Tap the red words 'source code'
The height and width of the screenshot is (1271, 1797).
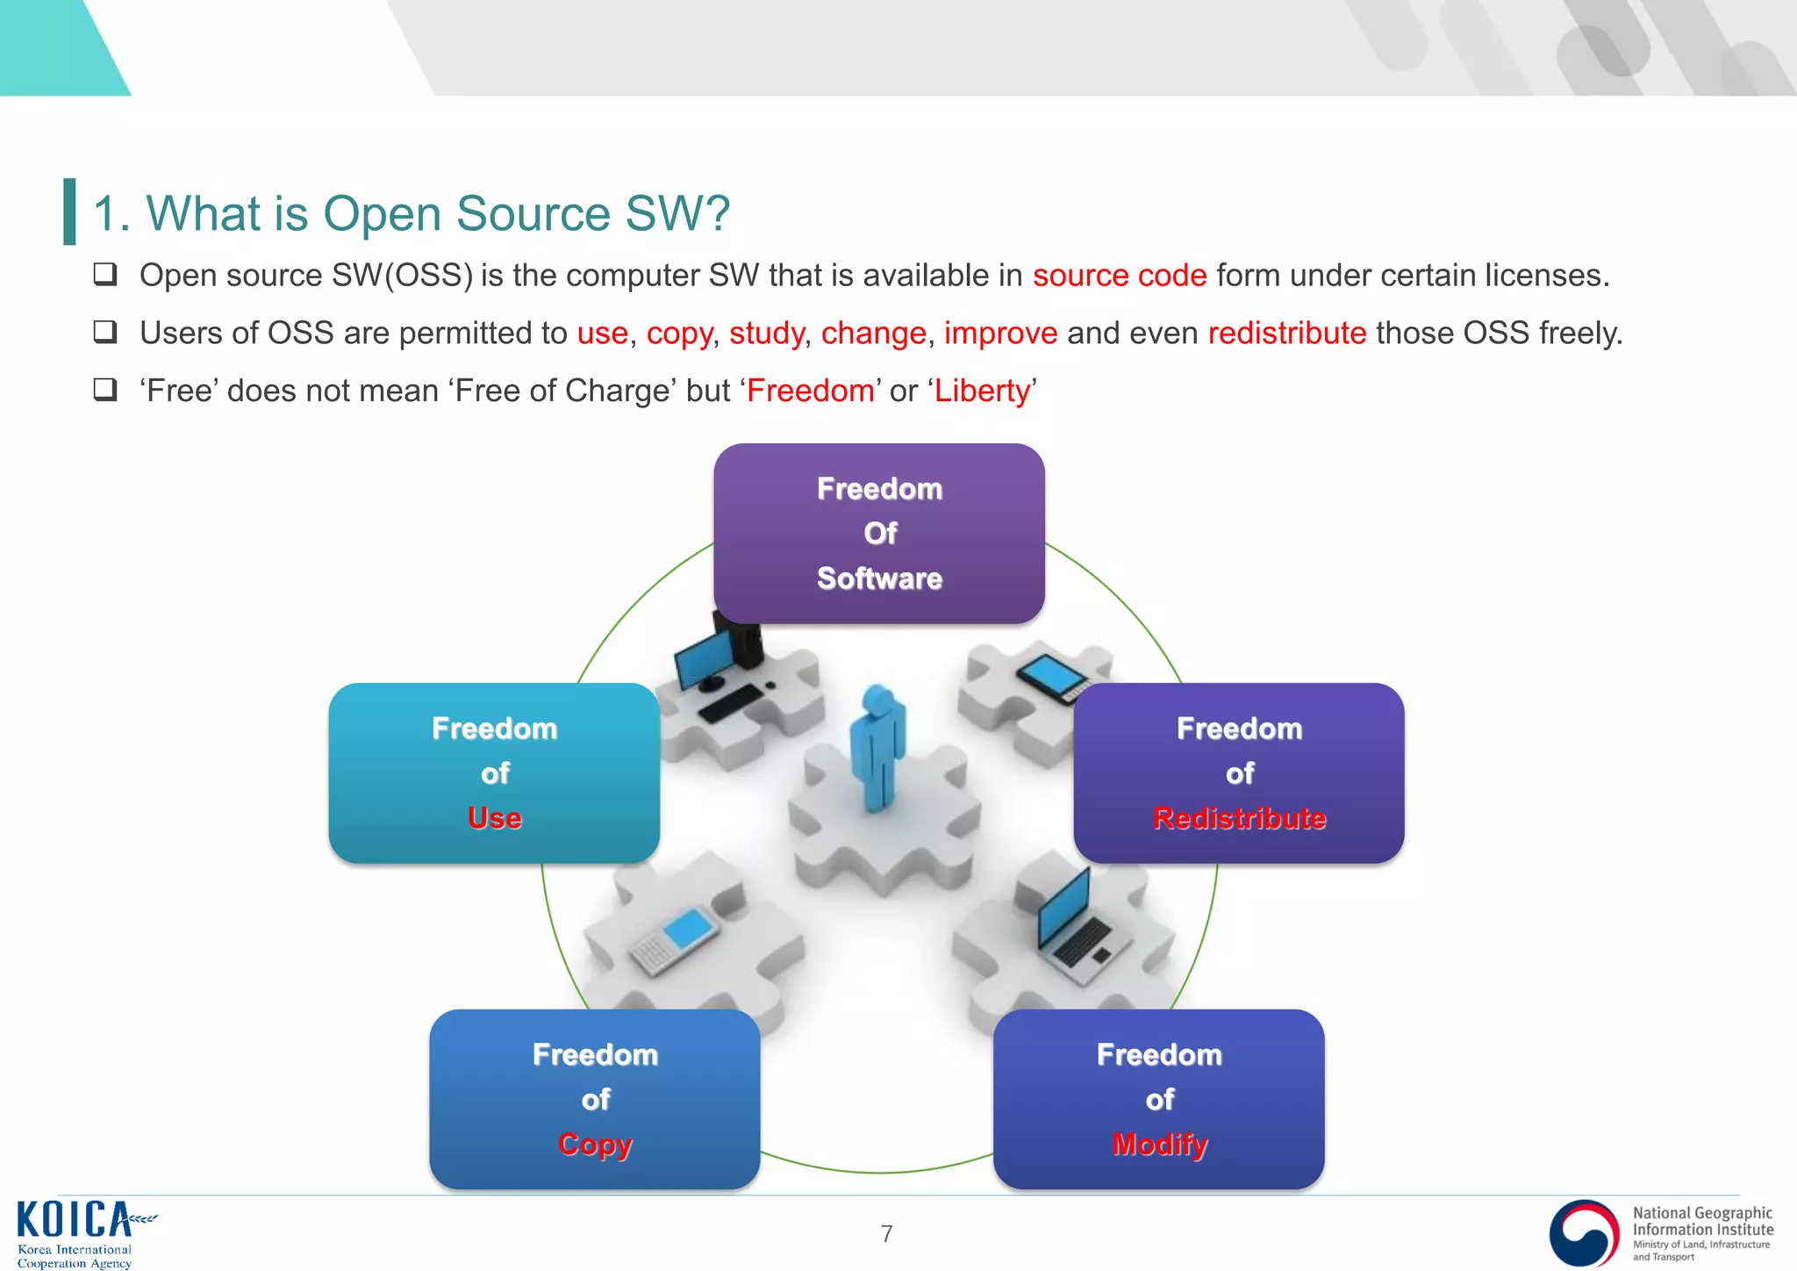1119,276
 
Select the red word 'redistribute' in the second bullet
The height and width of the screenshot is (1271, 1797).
1286,334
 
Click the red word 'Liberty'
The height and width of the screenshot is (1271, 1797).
982,391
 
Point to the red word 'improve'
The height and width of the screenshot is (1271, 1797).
1000,334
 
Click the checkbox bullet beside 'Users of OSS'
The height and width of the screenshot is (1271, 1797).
105,332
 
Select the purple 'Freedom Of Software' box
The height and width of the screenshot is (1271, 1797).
878,533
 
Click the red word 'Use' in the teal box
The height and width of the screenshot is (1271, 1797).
494,818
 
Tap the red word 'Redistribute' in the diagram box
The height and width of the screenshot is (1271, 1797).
1239,818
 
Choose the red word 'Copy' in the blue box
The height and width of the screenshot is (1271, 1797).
595,1145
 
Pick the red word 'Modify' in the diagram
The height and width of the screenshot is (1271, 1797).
1159,1145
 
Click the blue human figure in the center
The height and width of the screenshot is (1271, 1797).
877,746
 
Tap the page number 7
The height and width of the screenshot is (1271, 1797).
886,1234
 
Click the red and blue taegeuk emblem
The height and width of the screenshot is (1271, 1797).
1584,1232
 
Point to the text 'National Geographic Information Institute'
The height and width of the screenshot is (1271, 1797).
1702,1221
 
